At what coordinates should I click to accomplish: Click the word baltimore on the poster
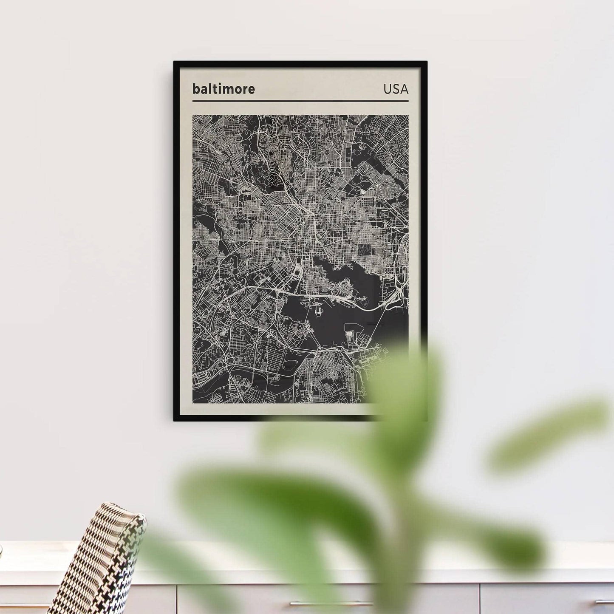click(x=224, y=89)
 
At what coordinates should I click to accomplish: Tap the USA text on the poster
click(x=396, y=89)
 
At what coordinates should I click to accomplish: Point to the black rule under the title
click(x=300, y=101)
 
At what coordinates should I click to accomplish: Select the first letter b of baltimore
click(x=196, y=89)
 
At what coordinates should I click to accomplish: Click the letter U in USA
click(x=388, y=89)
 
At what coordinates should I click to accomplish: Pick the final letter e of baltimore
click(x=251, y=90)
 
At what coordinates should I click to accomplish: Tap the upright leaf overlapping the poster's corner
click(x=404, y=382)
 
